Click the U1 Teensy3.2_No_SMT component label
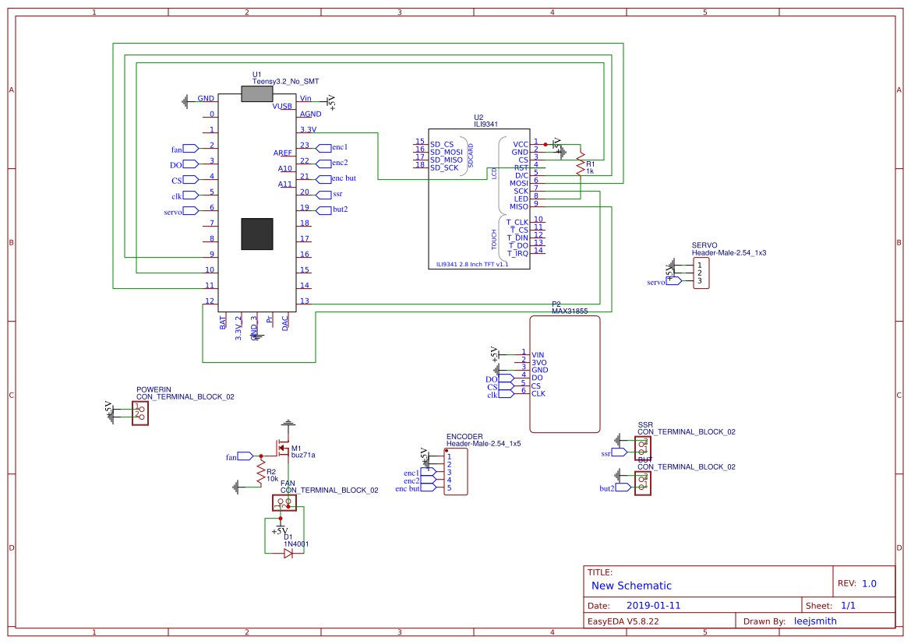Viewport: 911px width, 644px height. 284,81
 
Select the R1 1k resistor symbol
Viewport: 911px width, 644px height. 580,166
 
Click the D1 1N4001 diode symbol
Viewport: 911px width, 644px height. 288,553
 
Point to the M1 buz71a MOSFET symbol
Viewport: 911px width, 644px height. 280,450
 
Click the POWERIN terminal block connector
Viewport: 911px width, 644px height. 140,412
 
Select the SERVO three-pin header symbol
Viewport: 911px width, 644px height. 701,273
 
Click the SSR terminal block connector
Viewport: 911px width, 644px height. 643,447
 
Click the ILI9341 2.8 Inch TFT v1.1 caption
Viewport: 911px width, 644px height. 471,264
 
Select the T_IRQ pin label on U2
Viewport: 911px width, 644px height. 517,253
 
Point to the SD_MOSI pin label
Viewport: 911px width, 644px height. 447,152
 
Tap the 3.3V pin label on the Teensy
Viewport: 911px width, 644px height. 308,129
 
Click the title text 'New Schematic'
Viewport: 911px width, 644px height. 631,586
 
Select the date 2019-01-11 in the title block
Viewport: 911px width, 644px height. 653,605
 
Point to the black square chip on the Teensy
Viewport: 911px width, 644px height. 257,234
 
